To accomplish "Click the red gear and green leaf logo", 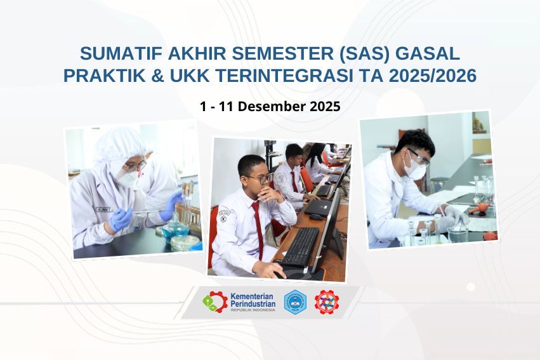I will tap(214, 302).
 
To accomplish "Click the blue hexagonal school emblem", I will tap(295, 302).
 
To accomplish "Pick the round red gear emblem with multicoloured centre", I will tap(327, 302).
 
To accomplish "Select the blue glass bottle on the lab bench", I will tap(175, 228).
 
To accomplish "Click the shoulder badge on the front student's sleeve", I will tap(223, 217).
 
